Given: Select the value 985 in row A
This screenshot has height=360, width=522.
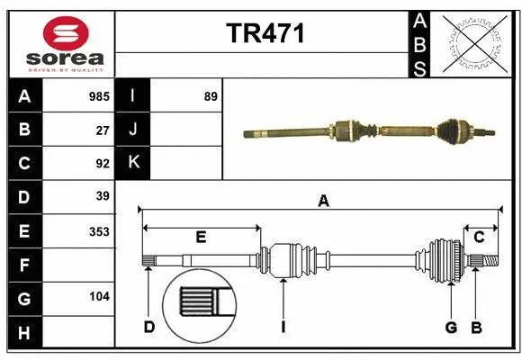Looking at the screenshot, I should pyautogui.click(x=98, y=96).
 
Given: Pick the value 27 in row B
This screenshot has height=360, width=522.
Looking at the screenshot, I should pyautogui.click(x=103, y=130).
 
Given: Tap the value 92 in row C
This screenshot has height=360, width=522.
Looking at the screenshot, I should pyautogui.click(x=103, y=164).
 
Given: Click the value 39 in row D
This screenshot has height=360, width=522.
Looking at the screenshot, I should pyautogui.click(x=103, y=196).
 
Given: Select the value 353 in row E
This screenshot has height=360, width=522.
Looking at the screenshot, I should pyautogui.click(x=99, y=231).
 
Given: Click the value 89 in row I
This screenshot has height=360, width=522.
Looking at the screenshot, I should pyautogui.click(x=211, y=96).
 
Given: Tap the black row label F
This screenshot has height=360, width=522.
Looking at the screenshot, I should pyautogui.click(x=24, y=265).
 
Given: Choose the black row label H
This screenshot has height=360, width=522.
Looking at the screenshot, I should pyautogui.click(x=24, y=333).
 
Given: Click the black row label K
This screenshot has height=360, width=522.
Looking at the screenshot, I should pyautogui.click(x=133, y=163).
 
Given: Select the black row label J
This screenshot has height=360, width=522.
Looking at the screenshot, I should pyautogui.click(x=133, y=130).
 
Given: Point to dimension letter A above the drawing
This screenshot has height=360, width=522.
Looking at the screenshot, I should pyautogui.click(x=323, y=202).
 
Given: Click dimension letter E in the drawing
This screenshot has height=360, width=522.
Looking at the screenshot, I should pyautogui.click(x=201, y=238).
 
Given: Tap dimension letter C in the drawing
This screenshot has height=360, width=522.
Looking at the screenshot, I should pyautogui.click(x=480, y=238).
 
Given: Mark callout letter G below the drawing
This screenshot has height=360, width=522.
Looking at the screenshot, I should pyautogui.click(x=452, y=328).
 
